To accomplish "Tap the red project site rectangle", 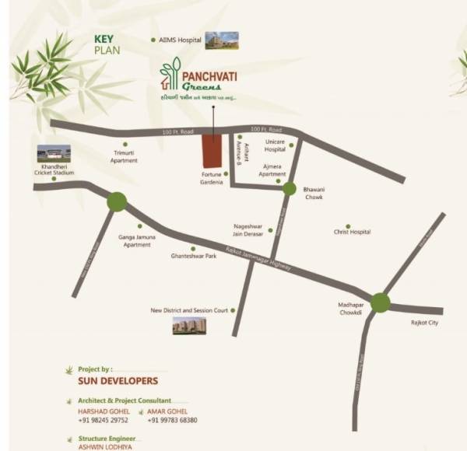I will tap(211, 150).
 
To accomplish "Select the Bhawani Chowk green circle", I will tap(289, 188).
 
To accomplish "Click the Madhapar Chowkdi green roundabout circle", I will tap(380, 302).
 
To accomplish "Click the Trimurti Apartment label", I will tap(125, 157).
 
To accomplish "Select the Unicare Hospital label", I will tap(276, 145).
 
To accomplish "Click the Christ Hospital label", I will tap(352, 232).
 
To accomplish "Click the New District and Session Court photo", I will tap(190, 326).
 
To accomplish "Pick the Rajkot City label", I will tap(424, 322).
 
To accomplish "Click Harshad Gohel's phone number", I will tap(103, 420).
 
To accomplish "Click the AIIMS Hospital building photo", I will tap(221, 40).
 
